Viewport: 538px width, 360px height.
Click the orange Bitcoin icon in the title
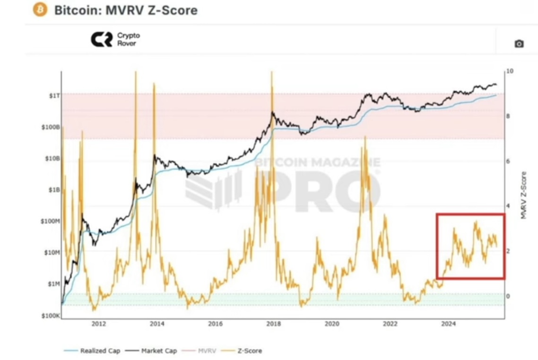point(41,10)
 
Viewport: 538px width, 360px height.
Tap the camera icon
point(519,44)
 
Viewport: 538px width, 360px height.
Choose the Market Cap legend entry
point(152,351)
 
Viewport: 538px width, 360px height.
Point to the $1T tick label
point(53,96)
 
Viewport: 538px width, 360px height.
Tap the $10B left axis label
point(52,158)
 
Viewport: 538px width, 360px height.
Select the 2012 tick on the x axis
point(98,325)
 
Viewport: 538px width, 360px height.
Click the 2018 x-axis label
point(273,325)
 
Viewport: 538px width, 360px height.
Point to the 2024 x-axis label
point(448,325)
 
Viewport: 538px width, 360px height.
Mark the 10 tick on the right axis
point(509,71)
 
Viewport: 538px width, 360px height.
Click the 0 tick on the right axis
point(508,296)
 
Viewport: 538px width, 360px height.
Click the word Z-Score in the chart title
point(176,10)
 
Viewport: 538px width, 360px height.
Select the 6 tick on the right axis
point(508,161)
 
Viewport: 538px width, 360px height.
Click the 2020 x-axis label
point(332,325)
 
